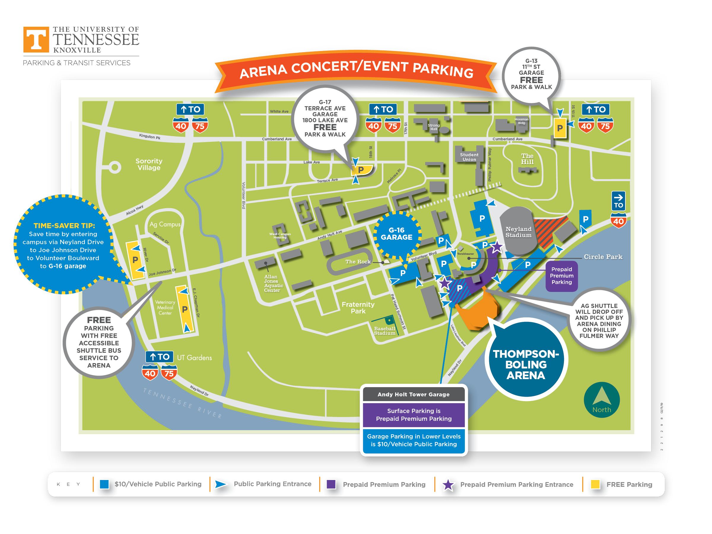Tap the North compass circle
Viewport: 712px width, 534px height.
[x=601, y=400]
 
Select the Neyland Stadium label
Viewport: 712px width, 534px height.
[x=518, y=232]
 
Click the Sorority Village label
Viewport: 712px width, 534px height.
[x=149, y=164]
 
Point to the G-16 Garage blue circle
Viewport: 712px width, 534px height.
[x=397, y=234]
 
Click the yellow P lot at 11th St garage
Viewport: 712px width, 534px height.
[x=560, y=128]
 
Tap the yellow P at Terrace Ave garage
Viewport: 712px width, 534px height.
[x=361, y=170]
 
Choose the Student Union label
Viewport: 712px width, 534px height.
[x=469, y=157]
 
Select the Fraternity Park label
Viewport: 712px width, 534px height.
[x=358, y=308]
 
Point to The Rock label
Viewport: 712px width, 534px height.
[x=358, y=262]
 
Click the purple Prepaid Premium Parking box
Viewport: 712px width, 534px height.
[x=561, y=276]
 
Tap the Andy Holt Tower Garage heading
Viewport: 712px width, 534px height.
[x=413, y=394]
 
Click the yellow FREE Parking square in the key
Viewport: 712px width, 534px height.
[x=595, y=484]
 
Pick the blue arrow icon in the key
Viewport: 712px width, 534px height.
[x=220, y=484]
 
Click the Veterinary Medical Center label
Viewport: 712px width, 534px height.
[x=165, y=307]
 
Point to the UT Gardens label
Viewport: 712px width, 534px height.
[x=194, y=357]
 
